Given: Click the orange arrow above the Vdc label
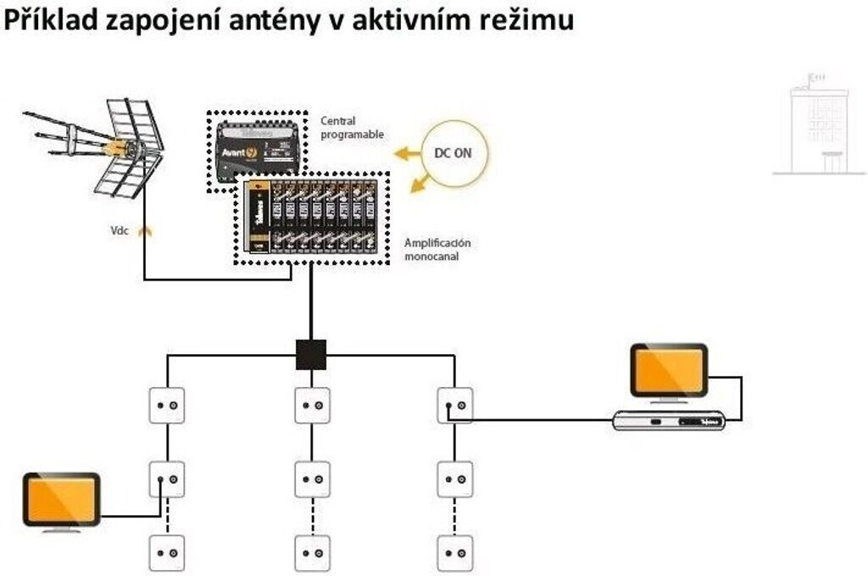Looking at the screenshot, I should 145,229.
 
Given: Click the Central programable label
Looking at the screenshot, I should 351,128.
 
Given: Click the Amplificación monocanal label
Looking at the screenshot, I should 437,249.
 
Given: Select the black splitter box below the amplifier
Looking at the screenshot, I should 311,354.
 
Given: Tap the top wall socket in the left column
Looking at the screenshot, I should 167,406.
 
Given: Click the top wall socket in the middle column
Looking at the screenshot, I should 312,406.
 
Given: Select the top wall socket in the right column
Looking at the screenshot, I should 455,406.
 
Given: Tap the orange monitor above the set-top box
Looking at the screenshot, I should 668,370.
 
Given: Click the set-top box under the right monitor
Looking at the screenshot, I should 670,420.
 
